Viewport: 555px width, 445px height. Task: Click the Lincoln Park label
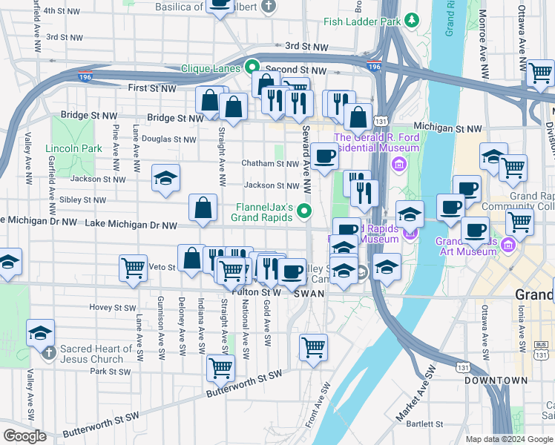(x=73, y=148)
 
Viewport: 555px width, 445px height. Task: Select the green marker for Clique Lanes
(x=252, y=67)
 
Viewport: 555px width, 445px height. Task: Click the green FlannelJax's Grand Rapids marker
(x=303, y=213)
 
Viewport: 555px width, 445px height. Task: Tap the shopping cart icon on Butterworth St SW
(x=220, y=366)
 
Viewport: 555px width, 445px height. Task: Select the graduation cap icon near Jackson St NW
(x=166, y=177)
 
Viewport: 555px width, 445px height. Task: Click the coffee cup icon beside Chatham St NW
(x=324, y=156)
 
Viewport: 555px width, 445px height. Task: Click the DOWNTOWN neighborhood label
(x=496, y=380)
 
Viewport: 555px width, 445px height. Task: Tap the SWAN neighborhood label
(x=308, y=294)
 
